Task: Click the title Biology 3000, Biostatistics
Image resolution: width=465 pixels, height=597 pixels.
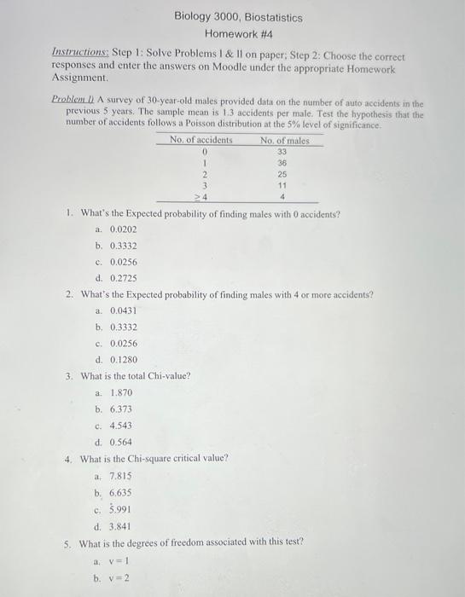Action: [238, 17]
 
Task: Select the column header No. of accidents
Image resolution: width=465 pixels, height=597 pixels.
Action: [201, 139]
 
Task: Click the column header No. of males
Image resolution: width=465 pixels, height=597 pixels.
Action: [285, 139]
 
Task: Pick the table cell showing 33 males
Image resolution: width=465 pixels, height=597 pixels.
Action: [282, 152]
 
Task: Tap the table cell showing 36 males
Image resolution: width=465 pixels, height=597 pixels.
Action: [282, 163]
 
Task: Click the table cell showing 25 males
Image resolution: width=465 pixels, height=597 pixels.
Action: [282, 174]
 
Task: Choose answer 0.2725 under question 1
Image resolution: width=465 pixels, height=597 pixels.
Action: [124, 278]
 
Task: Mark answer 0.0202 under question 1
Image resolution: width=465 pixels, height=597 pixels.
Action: [124, 230]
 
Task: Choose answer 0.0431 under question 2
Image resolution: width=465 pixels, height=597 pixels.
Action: [124, 310]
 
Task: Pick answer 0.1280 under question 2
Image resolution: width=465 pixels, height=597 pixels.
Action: [124, 359]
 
